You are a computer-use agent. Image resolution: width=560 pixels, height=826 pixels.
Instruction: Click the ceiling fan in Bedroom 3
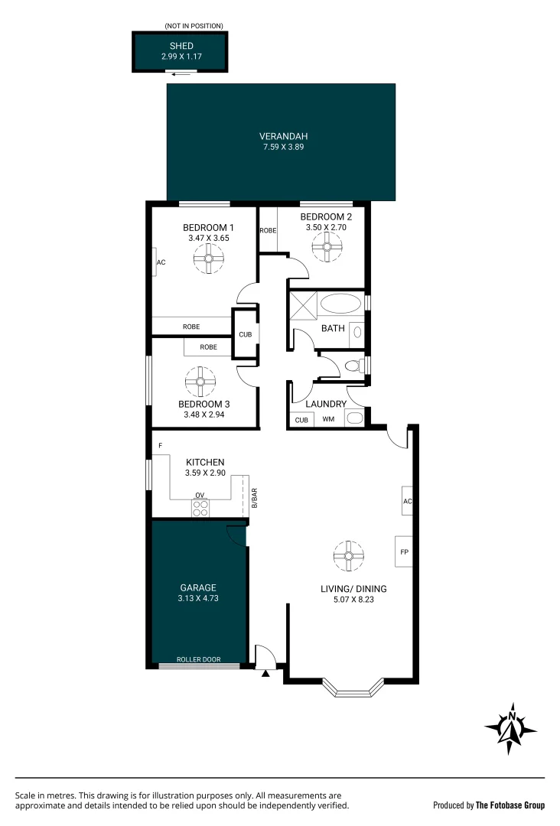pos(200,381)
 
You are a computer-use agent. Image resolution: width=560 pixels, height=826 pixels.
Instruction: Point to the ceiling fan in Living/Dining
pos(348,556)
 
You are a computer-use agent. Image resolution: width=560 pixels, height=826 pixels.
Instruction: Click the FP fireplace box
pos(403,551)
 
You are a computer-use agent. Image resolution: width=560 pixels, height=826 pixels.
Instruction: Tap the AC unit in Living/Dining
pos(407,501)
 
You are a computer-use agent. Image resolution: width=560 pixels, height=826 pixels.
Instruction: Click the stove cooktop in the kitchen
pos(200,508)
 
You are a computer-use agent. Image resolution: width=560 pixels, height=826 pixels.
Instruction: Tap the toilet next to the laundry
pos(354,366)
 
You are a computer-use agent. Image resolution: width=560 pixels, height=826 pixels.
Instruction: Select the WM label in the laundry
pos(328,419)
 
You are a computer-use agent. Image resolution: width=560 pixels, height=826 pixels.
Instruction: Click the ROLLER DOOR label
pos(198,659)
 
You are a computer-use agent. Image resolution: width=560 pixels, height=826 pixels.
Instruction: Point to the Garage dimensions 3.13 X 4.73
pos(198,599)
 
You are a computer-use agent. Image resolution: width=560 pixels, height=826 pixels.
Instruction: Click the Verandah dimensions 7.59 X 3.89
pos(282,147)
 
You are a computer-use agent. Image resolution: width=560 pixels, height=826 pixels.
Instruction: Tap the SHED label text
pos(181,46)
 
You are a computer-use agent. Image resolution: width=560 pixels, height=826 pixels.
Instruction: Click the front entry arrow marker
pos(266,674)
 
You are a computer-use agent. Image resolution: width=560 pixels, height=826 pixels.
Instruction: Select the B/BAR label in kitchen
pos(254,499)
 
